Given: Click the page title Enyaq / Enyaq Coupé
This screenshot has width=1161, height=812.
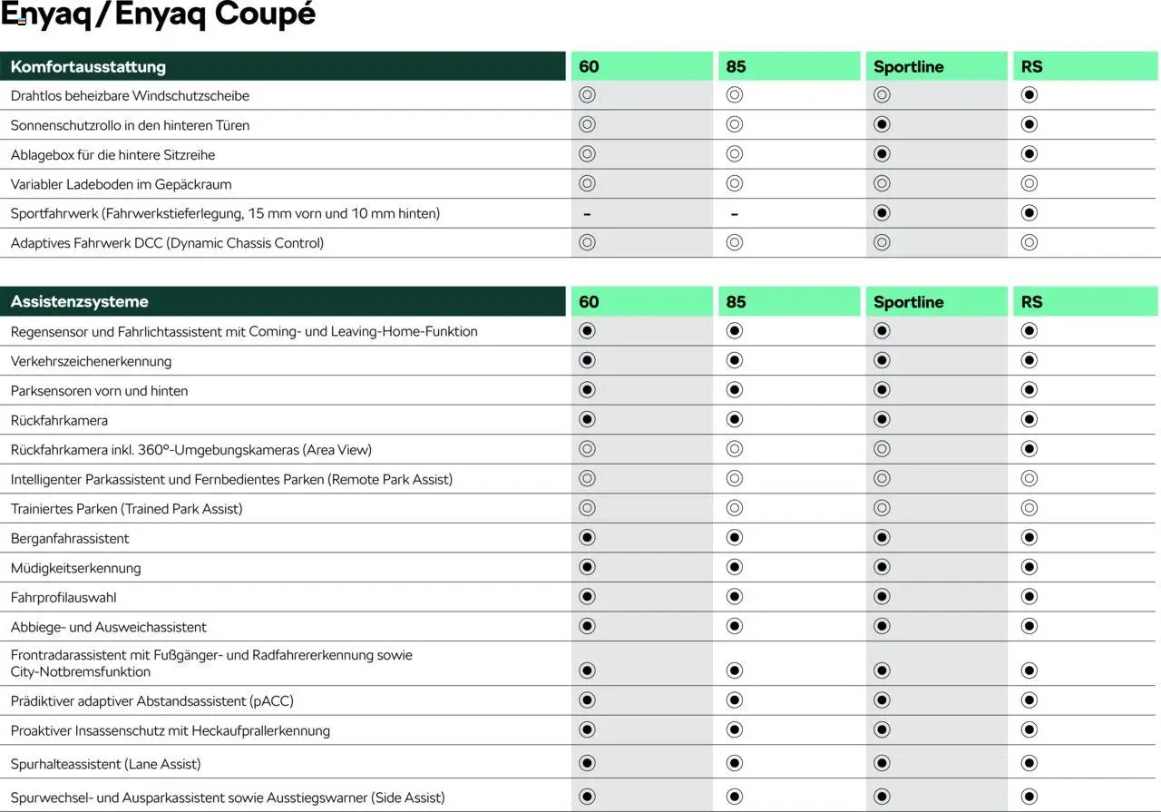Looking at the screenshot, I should (x=158, y=15).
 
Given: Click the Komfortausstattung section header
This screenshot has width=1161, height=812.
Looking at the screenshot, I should (x=88, y=66).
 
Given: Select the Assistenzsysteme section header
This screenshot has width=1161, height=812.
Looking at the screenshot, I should (x=80, y=301).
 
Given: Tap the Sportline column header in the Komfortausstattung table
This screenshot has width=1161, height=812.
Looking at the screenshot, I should (x=908, y=66).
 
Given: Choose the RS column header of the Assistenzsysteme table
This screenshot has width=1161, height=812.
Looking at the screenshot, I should (x=1031, y=301).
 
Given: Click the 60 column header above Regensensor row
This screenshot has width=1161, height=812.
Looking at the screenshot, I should (x=589, y=301).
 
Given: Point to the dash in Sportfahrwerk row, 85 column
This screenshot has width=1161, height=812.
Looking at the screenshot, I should (x=734, y=214).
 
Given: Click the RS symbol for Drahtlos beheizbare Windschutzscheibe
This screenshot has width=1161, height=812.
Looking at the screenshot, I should (x=1029, y=95).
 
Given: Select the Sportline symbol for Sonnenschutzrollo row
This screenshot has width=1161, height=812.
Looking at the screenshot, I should (x=882, y=124).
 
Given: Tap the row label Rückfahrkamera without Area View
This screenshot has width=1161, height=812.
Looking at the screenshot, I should (x=59, y=420).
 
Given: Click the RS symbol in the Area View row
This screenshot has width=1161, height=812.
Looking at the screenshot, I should (x=1029, y=449).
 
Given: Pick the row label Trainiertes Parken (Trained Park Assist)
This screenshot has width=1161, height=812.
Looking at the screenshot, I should (x=126, y=509).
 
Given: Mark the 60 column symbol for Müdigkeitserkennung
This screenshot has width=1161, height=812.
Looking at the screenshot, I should (x=587, y=567).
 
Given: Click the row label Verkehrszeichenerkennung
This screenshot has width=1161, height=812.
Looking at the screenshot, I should (x=91, y=361).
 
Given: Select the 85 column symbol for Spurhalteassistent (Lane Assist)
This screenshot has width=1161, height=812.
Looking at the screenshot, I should (x=735, y=763).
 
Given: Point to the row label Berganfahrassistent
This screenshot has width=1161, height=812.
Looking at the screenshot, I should (x=70, y=538).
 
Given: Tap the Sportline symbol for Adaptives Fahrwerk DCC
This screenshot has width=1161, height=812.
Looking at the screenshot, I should (x=882, y=242).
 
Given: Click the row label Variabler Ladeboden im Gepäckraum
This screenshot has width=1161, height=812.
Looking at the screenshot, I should (x=121, y=184).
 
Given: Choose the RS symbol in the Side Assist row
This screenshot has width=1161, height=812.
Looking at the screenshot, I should (x=1029, y=797).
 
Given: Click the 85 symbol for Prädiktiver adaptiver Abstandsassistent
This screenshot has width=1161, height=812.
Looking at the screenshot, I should (x=735, y=700).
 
